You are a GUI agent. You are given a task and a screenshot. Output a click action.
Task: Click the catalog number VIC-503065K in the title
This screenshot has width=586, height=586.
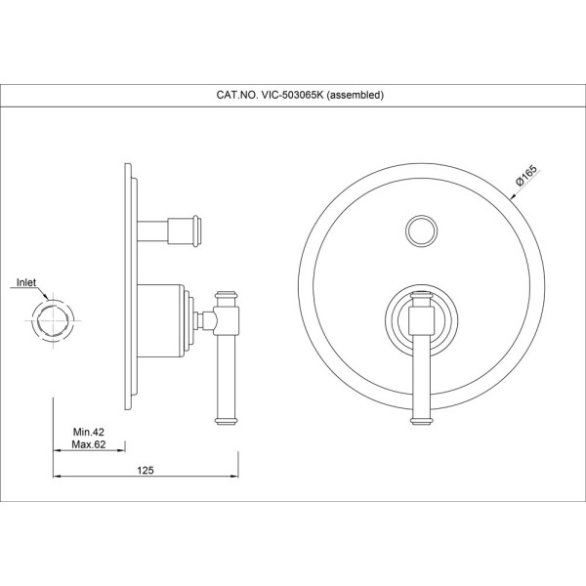[x=292, y=95]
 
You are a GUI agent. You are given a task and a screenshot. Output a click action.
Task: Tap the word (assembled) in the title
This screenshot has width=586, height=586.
[x=356, y=95]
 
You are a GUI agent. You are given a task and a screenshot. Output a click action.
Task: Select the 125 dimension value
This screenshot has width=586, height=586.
[x=146, y=470]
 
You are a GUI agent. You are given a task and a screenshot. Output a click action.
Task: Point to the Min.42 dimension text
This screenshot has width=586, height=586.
[x=89, y=432]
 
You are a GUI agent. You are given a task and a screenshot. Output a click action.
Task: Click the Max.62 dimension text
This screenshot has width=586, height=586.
[x=89, y=444]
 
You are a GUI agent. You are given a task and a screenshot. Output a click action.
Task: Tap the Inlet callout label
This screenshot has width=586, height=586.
[x=26, y=282]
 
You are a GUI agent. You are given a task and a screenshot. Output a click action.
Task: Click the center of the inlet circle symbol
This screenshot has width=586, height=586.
[x=53, y=320]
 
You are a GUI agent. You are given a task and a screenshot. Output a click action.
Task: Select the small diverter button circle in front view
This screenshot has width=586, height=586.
[x=421, y=230]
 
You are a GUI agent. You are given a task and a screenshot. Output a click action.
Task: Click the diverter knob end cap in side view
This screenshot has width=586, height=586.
[x=197, y=230]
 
